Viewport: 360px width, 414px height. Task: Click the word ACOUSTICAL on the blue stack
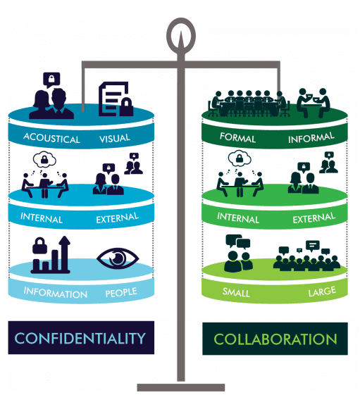tap(51, 139)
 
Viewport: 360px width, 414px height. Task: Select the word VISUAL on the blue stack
tap(115, 138)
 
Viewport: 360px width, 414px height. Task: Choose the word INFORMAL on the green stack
tap(311, 138)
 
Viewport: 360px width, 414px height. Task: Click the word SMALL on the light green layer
tap(236, 291)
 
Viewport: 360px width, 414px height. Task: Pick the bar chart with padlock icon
tap(50, 255)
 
